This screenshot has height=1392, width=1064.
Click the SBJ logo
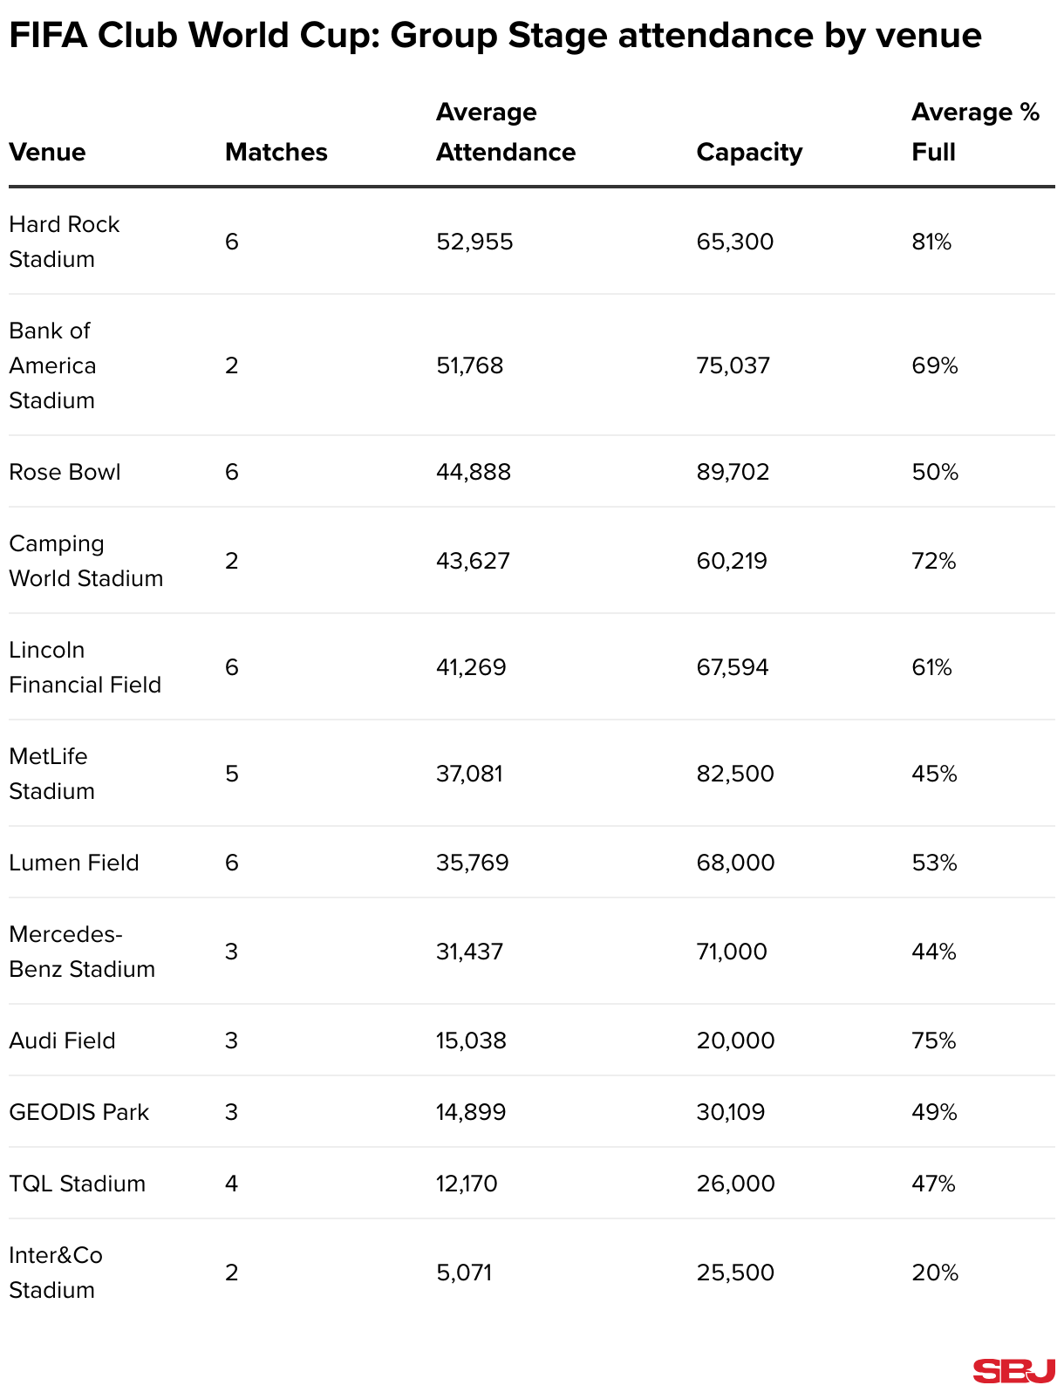pos(1013,1370)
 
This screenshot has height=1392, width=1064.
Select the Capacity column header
pos(749,152)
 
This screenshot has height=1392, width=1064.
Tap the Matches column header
pos(276,152)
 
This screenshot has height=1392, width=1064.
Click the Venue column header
pos(47,152)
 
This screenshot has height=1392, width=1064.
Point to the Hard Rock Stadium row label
pos(64,242)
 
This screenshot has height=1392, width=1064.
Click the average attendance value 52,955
pos(474,242)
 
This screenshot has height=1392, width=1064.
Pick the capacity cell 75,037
pos(733,365)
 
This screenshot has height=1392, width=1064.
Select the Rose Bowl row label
pos(65,472)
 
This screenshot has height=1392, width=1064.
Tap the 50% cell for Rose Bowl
pos(935,472)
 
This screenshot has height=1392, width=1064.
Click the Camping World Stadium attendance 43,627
pos(473,561)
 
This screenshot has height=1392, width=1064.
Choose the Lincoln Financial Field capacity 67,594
pos(733,667)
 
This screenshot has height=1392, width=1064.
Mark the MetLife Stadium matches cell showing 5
pos(231,774)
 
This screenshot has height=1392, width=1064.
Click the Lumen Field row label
pos(74,863)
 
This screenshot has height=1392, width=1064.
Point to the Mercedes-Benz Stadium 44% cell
pos(934,952)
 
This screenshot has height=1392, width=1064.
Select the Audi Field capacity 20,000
pos(735,1041)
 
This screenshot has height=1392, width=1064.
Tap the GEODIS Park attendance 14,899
pos(471,1112)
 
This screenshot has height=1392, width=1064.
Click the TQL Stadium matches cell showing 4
pos(231,1184)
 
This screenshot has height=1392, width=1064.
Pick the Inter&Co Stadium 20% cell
pos(935,1273)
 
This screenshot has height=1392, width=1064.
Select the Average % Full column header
pos(975,132)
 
